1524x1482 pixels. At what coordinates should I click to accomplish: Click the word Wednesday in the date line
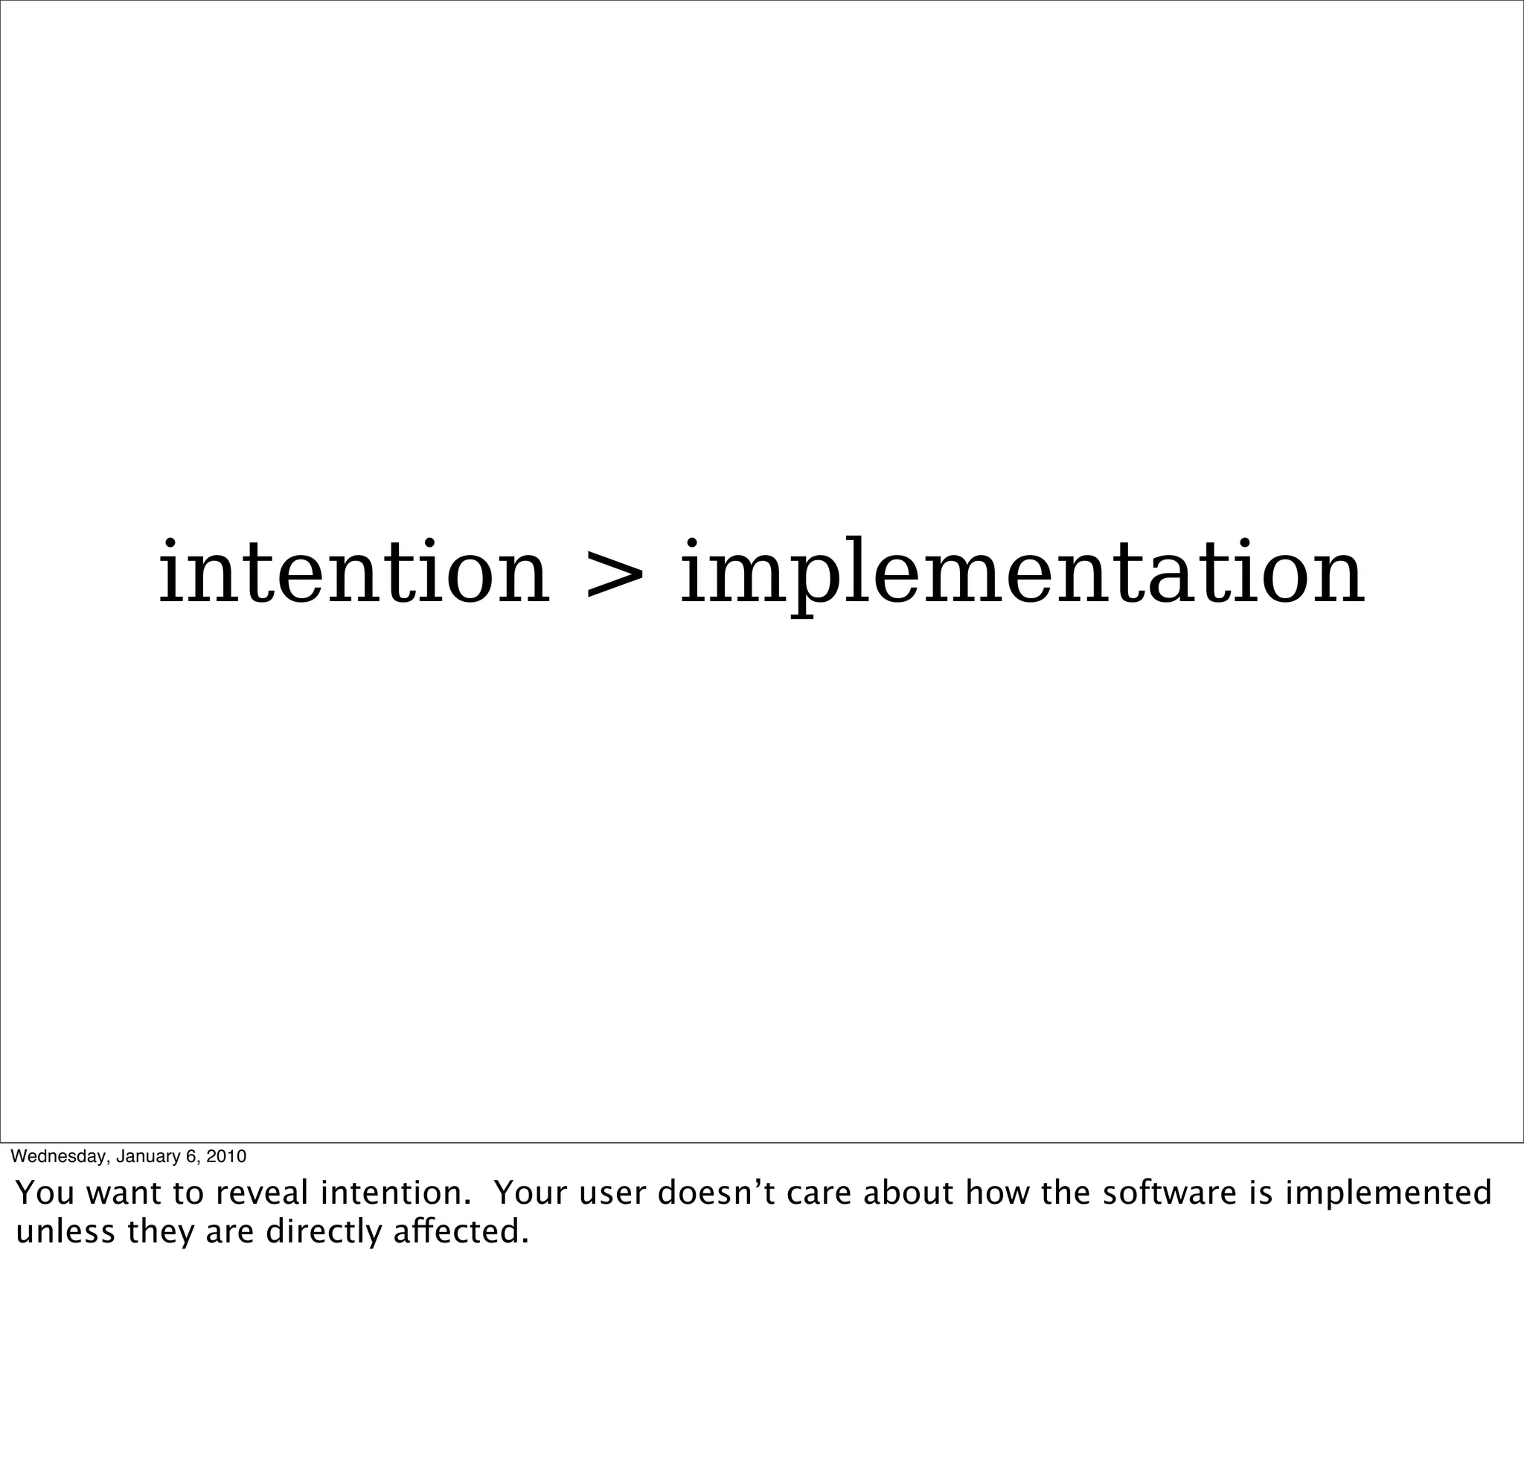pos(58,1156)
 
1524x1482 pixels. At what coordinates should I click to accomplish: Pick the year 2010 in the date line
pos(225,1156)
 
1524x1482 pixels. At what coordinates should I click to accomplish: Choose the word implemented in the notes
pos(1389,1193)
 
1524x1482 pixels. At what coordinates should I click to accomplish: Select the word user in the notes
pos(609,1193)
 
